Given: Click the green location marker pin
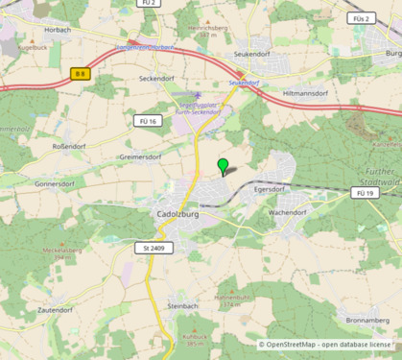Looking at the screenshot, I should (224, 166).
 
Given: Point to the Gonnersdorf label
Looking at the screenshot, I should (54, 181).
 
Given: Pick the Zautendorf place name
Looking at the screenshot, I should (56, 310).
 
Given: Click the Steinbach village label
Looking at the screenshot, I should (182, 305).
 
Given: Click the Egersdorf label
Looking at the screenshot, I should (271, 190).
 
